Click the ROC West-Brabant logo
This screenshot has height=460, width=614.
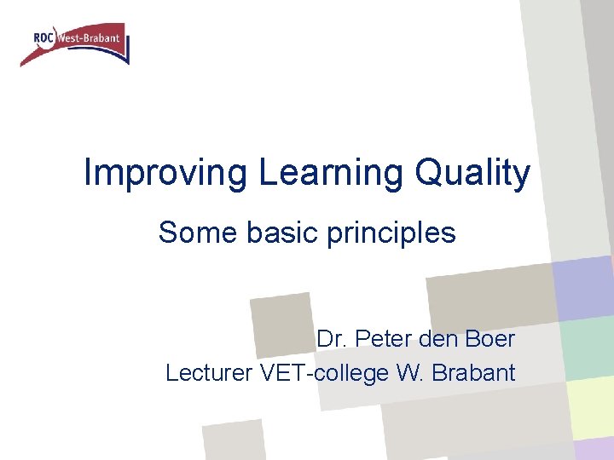click(x=75, y=43)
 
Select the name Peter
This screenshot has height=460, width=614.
click(x=381, y=339)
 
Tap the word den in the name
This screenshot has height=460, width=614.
click(x=436, y=339)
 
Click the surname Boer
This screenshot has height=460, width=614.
click(x=489, y=339)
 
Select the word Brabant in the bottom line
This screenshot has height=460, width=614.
click(x=475, y=372)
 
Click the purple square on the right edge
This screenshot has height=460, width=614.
click(x=583, y=285)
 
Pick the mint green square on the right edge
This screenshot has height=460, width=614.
click(x=588, y=348)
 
